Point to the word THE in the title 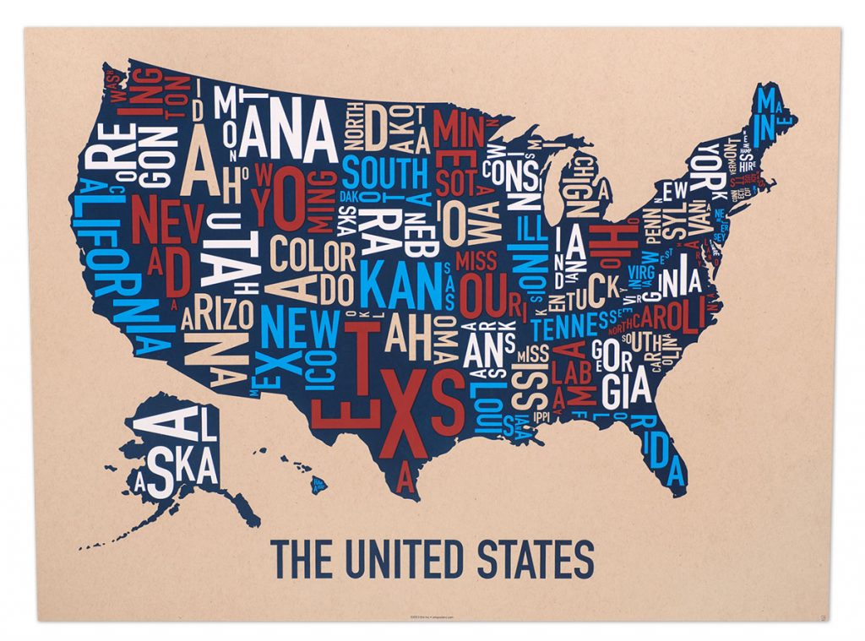296,559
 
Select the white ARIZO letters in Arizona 217,315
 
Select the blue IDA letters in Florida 665,461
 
